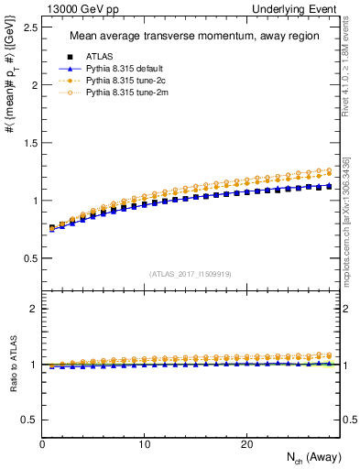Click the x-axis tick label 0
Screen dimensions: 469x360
[42, 444]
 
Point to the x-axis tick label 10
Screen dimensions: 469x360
[144, 444]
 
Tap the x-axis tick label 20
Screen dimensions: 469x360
[245, 444]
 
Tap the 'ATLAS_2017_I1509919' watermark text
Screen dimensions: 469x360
[191, 273]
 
